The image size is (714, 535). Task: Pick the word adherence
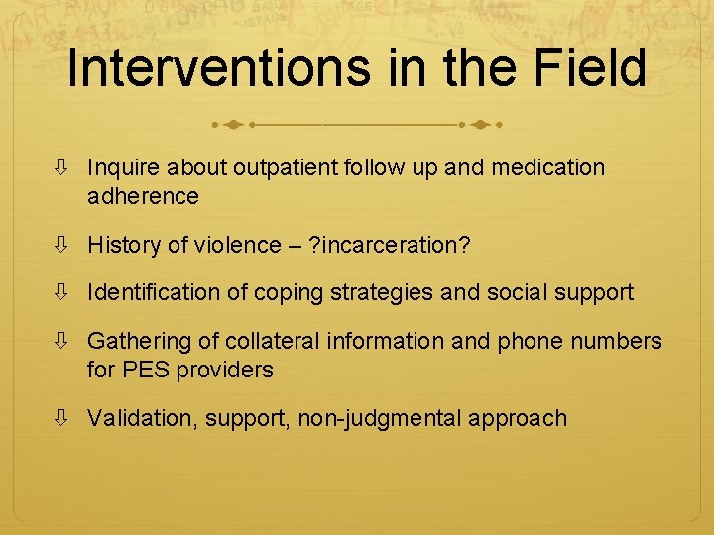point(143,196)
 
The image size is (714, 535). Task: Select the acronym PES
point(144,370)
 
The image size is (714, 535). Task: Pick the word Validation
point(142,418)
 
